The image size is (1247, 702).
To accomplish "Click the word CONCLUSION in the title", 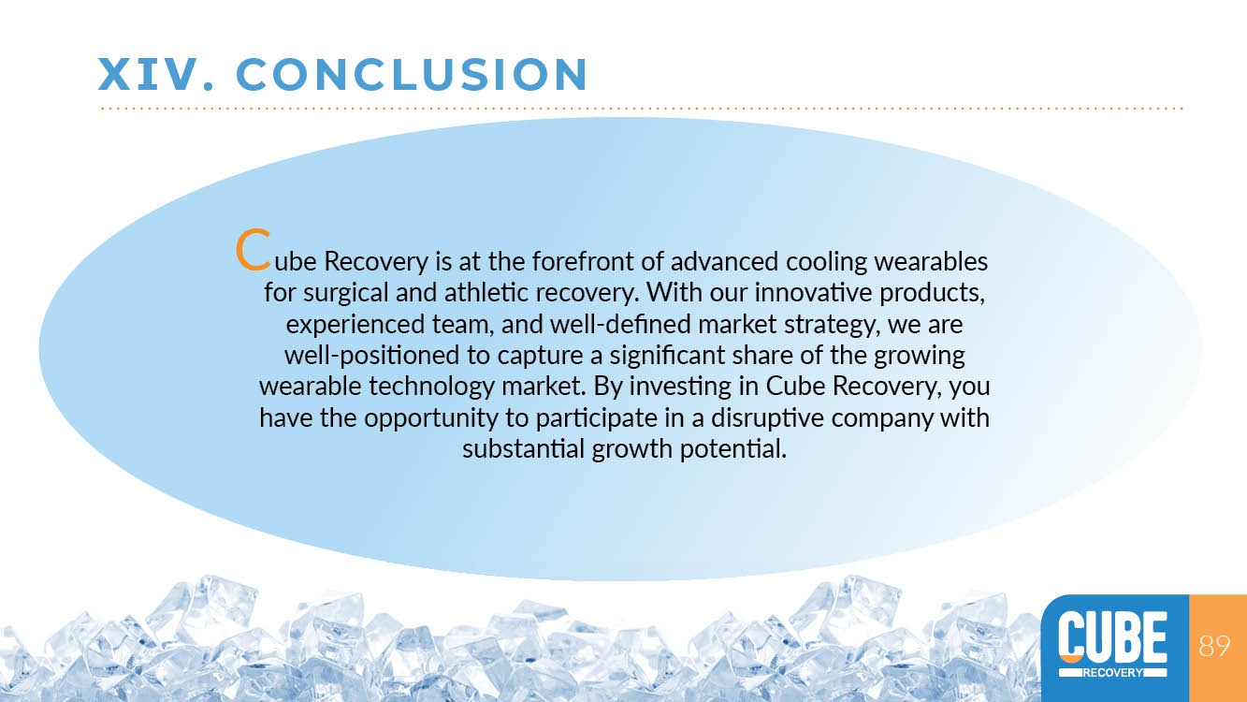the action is click(412, 74).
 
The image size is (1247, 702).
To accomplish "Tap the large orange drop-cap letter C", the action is click(254, 249).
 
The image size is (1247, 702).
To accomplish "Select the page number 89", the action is click(1214, 646).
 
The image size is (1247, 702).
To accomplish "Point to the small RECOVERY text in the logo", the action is click(1112, 672).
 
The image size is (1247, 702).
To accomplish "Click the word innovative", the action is click(813, 292).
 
